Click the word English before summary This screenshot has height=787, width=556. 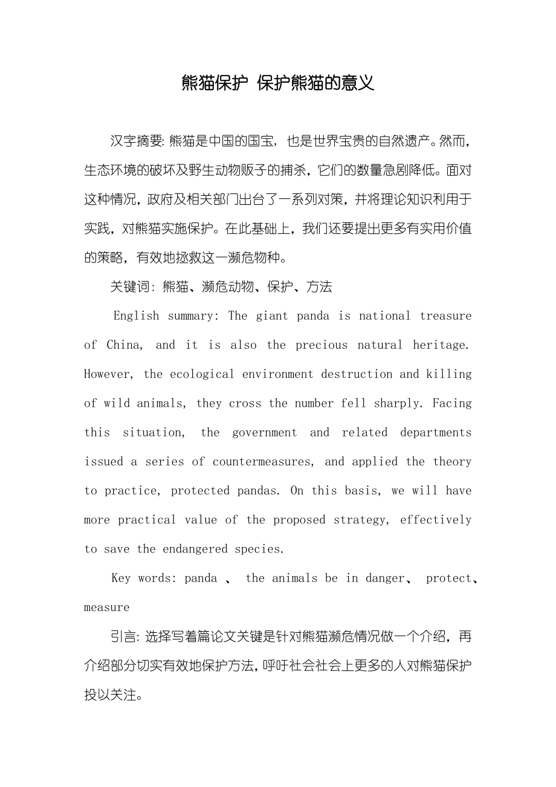click(x=136, y=316)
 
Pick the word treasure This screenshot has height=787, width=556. click(x=445, y=316)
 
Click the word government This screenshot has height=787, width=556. click(x=265, y=432)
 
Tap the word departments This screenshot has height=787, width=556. click(x=435, y=432)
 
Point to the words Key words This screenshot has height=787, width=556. click(x=144, y=578)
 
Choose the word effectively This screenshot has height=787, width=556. click(x=435, y=520)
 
